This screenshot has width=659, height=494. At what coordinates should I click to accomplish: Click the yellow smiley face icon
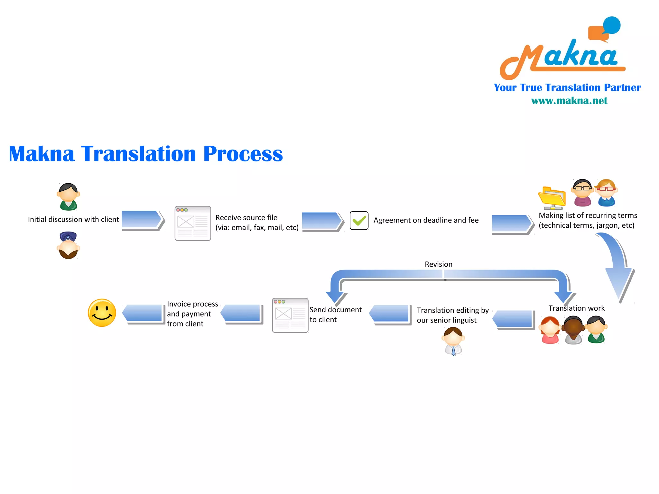pos(102,313)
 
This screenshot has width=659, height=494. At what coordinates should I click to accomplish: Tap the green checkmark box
pos(359,221)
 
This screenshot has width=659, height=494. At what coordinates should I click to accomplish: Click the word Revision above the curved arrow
pos(438,264)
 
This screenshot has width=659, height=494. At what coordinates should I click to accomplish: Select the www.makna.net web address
pos(569,101)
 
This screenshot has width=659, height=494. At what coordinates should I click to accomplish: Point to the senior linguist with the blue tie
pos(453,341)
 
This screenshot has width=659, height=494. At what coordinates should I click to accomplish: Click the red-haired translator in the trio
pos(550,330)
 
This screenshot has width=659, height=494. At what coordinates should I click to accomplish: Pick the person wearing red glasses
pos(606,193)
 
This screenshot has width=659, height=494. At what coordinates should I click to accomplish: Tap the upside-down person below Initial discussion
pos(68,245)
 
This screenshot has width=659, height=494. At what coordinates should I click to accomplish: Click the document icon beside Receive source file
pos(192,224)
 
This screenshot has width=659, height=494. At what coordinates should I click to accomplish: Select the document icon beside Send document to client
pos(290,315)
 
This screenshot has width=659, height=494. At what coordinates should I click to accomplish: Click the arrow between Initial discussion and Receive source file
pos(143,220)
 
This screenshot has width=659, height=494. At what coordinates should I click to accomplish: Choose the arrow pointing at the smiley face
pos(143,313)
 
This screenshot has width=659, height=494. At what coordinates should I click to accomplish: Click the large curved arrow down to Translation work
pos(617,267)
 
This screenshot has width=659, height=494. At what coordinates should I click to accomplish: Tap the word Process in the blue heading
pos(243,154)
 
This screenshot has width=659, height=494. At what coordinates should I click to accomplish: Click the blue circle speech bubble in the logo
pos(611,25)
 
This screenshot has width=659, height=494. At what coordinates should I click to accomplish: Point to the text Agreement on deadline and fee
pos(426,220)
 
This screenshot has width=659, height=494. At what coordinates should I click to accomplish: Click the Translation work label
pos(576,308)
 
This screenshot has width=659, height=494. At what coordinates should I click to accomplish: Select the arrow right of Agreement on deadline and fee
pos(512,224)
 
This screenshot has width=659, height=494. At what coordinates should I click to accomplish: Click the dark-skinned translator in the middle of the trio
pos(573,330)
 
